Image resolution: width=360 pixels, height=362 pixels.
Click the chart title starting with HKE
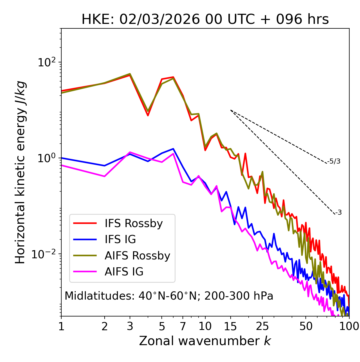coord(205,20)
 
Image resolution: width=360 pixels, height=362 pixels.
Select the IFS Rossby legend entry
coord(134,223)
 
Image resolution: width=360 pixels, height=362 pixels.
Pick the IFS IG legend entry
coord(120,239)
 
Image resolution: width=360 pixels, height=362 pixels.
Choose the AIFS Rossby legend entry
coord(137,256)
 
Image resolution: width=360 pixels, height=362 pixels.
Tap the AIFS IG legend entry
coord(124,272)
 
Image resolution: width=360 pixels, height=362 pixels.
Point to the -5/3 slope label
coord(334,161)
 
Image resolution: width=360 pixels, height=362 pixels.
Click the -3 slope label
coord(338,213)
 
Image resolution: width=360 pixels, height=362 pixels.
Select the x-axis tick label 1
coord(61,326)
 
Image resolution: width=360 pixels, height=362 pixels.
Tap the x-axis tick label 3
coord(130,326)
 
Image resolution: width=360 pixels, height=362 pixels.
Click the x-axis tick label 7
coord(183,326)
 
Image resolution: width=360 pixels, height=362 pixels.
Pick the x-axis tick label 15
coord(230,326)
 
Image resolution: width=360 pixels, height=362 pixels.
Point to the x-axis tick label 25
coord(262,326)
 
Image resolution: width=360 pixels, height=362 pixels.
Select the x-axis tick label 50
coord(306,326)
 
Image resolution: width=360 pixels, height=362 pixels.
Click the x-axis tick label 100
coord(349,326)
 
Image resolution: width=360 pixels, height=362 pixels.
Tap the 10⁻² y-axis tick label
coord(45,254)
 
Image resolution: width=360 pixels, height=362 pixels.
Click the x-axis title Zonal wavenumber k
coord(205,341)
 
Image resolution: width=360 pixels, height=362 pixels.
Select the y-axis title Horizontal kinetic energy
coord(20,172)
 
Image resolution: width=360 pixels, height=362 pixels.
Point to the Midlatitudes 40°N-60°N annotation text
coord(169,296)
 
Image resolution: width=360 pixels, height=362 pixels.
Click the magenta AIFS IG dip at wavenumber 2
coord(105,176)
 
